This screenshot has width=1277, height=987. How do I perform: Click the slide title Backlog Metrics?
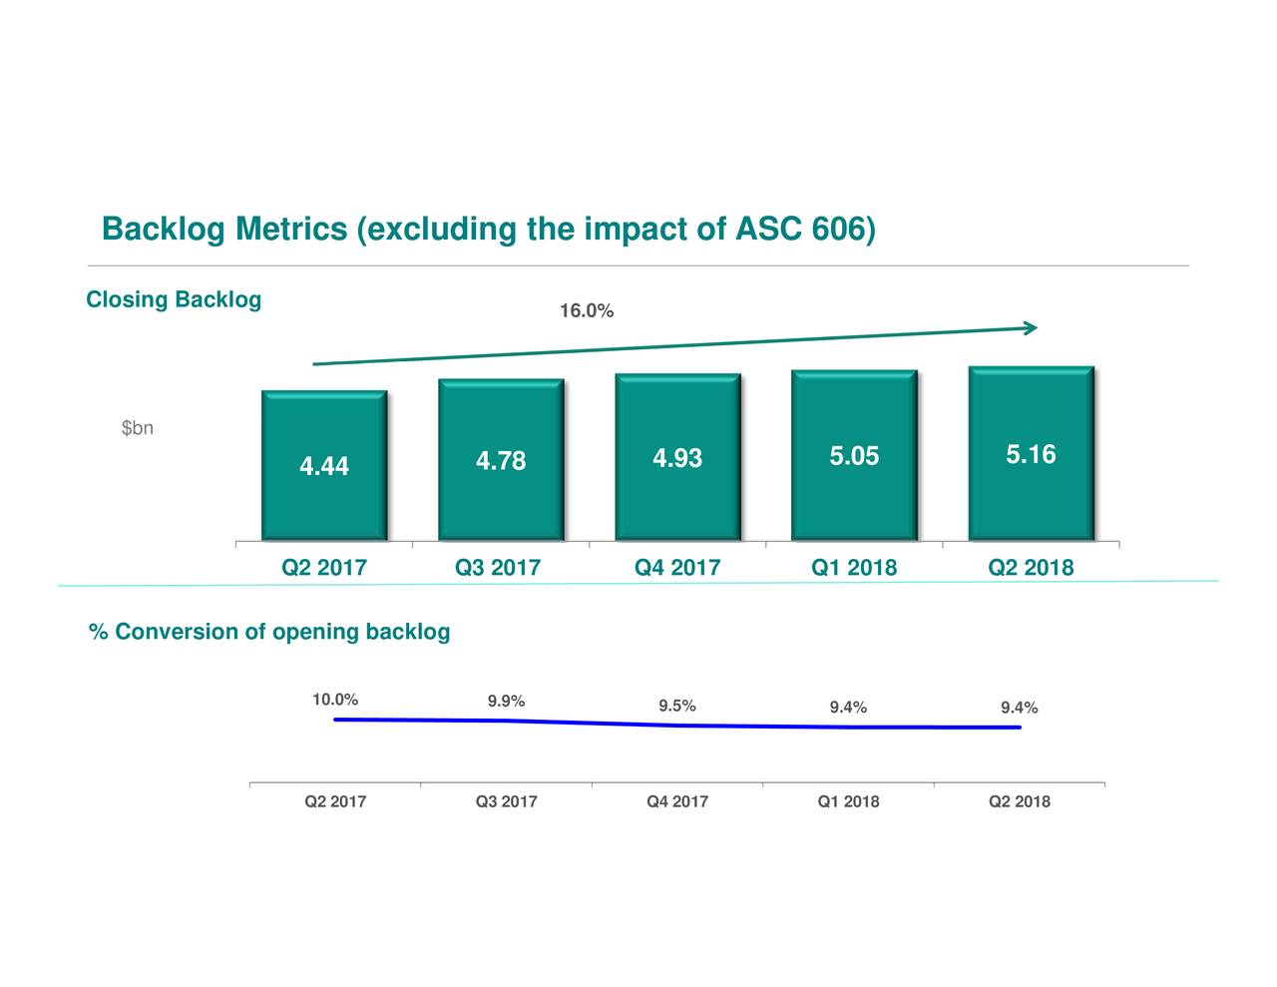pos(489,230)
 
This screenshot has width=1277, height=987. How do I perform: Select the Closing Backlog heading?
pos(174,299)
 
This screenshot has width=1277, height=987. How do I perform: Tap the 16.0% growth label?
pos(586,311)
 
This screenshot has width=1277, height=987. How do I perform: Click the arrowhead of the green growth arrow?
pos(1031,327)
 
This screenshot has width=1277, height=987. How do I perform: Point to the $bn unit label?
pos(137,428)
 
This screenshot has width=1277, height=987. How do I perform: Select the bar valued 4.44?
pos(324,465)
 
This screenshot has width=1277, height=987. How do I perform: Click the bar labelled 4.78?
pos(501,460)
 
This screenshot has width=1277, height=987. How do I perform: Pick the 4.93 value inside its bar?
pos(677,458)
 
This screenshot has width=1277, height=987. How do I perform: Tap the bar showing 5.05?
pos(854,456)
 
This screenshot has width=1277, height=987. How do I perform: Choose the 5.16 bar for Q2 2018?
pos(1031,454)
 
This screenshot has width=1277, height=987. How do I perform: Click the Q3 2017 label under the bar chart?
pos(498,568)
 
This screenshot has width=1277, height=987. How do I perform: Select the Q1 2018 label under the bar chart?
pos(854,568)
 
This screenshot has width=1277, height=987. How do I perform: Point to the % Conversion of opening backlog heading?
pos(269,632)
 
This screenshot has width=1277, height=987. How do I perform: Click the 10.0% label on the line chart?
pos(335,700)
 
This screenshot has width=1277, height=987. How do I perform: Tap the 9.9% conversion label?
pos(506,701)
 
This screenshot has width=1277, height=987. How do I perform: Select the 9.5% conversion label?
pos(677,707)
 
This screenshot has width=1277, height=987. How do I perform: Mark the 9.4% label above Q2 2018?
pos(1019,708)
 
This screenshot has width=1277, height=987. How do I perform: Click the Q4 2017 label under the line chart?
pos(677,801)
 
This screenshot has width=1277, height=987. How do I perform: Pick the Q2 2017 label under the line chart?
pos(335,801)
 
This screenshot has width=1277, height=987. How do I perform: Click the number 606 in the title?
pos(838,230)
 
